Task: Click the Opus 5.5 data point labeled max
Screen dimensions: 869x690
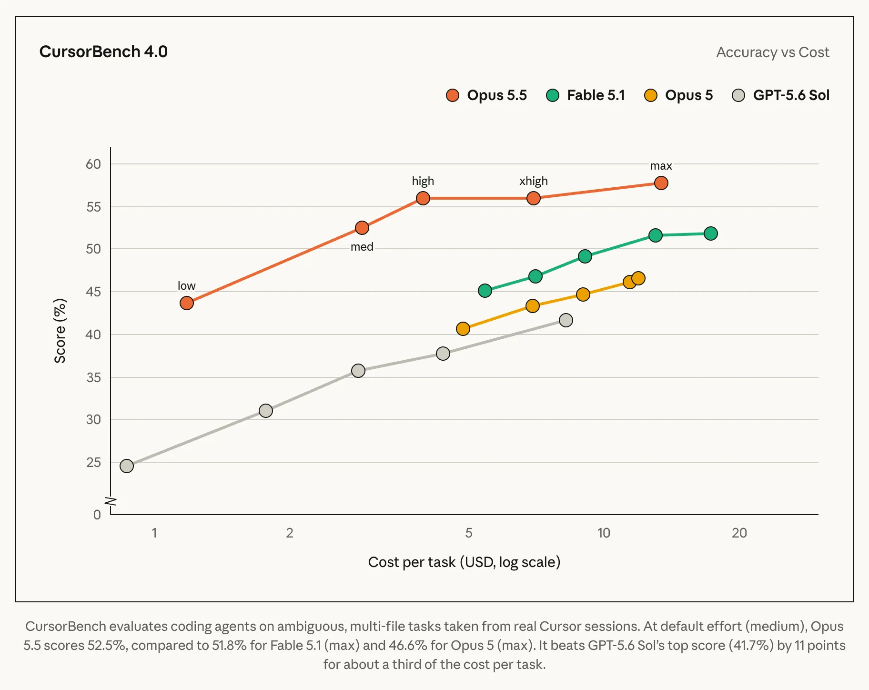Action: coord(661,183)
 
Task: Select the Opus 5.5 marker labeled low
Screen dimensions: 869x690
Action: coord(187,303)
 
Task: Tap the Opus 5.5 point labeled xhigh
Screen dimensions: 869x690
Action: coord(534,198)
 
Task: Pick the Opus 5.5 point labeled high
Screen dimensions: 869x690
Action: coord(423,198)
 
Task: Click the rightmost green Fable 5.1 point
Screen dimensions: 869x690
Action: coord(710,233)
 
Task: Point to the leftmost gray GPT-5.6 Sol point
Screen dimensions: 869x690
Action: coord(127,466)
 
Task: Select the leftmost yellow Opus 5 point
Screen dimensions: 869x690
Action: coord(463,329)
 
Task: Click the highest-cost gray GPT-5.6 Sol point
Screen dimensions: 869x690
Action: coord(566,320)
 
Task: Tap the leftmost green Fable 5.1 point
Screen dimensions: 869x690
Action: coord(485,291)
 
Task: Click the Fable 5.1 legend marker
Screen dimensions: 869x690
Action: coord(553,95)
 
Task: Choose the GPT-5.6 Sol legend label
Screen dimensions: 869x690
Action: coord(791,95)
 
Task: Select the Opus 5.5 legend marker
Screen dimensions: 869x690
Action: coord(453,95)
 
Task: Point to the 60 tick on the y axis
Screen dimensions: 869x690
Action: coord(93,164)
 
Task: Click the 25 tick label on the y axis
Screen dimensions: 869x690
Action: coord(94,462)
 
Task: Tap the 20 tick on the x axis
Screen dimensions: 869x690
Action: coord(739,533)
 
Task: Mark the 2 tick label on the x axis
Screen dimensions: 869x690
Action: coord(290,533)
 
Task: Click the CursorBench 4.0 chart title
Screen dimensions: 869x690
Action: coord(103,51)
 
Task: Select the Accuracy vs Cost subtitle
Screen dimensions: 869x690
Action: coord(773,52)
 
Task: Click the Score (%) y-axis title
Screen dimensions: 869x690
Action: coord(60,331)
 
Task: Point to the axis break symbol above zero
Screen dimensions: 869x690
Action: coord(111,501)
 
